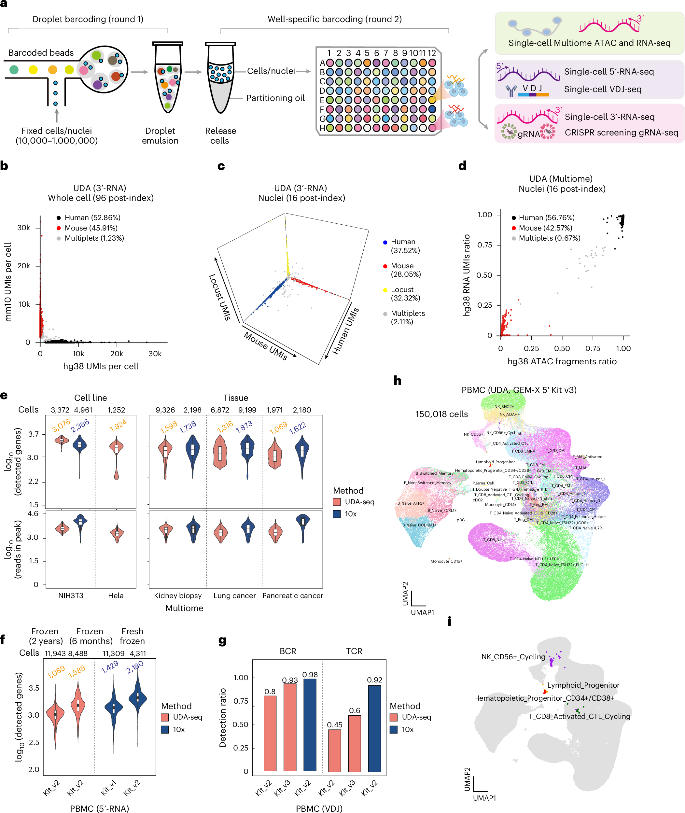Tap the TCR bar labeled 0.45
pyautogui.click(x=334, y=750)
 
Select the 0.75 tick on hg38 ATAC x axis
pyautogui.click(x=593, y=348)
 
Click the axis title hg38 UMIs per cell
pyautogui.click(x=101, y=366)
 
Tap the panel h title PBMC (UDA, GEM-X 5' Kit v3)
pyautogui.click(x=519, y=390)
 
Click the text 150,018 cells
pyautogui.click(x=441, y=414)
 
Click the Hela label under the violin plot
pyautogui.click(x=115, y=596)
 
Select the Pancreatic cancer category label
pyautogui.click(x=292, y=596)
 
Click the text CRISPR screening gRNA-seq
pyautogui.click(x=621, y=133)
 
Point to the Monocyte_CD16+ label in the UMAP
pyautogui.click(x=446, y=561)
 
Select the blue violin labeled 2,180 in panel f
pyautogui.click(x=137, y=699)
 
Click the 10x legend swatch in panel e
pyautogui.click(x=337, y=514)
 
